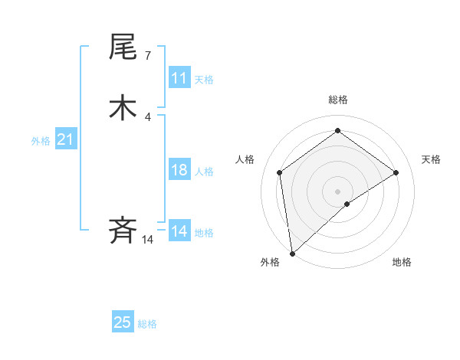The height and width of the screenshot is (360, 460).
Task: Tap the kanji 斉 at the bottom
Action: point(123,230)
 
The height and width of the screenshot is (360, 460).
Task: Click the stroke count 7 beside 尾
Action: point(147,55)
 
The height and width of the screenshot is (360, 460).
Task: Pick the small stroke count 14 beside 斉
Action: point(147,240)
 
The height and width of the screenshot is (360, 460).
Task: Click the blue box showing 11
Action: point(179,78)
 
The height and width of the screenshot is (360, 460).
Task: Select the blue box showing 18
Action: point(179,170)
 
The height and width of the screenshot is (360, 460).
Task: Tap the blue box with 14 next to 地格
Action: point(179,231)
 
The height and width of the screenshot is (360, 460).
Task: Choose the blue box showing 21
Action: point(65,139)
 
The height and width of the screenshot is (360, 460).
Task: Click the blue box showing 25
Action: point(123,322)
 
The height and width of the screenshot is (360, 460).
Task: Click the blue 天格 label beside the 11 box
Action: point(204,80)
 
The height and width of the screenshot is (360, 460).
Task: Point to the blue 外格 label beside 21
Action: point(41,141)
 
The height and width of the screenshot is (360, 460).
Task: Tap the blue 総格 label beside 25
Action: point(147,324)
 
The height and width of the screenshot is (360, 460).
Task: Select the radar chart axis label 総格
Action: point(337,100)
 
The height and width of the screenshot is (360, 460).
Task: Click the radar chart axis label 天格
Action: point(431,159)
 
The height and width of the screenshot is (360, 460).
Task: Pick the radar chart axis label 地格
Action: point(402,262)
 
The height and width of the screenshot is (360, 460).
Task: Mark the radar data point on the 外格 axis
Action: point(292,253)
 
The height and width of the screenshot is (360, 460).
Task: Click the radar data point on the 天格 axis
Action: point(396,172)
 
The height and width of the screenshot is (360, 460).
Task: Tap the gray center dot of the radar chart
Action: point(337,191)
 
